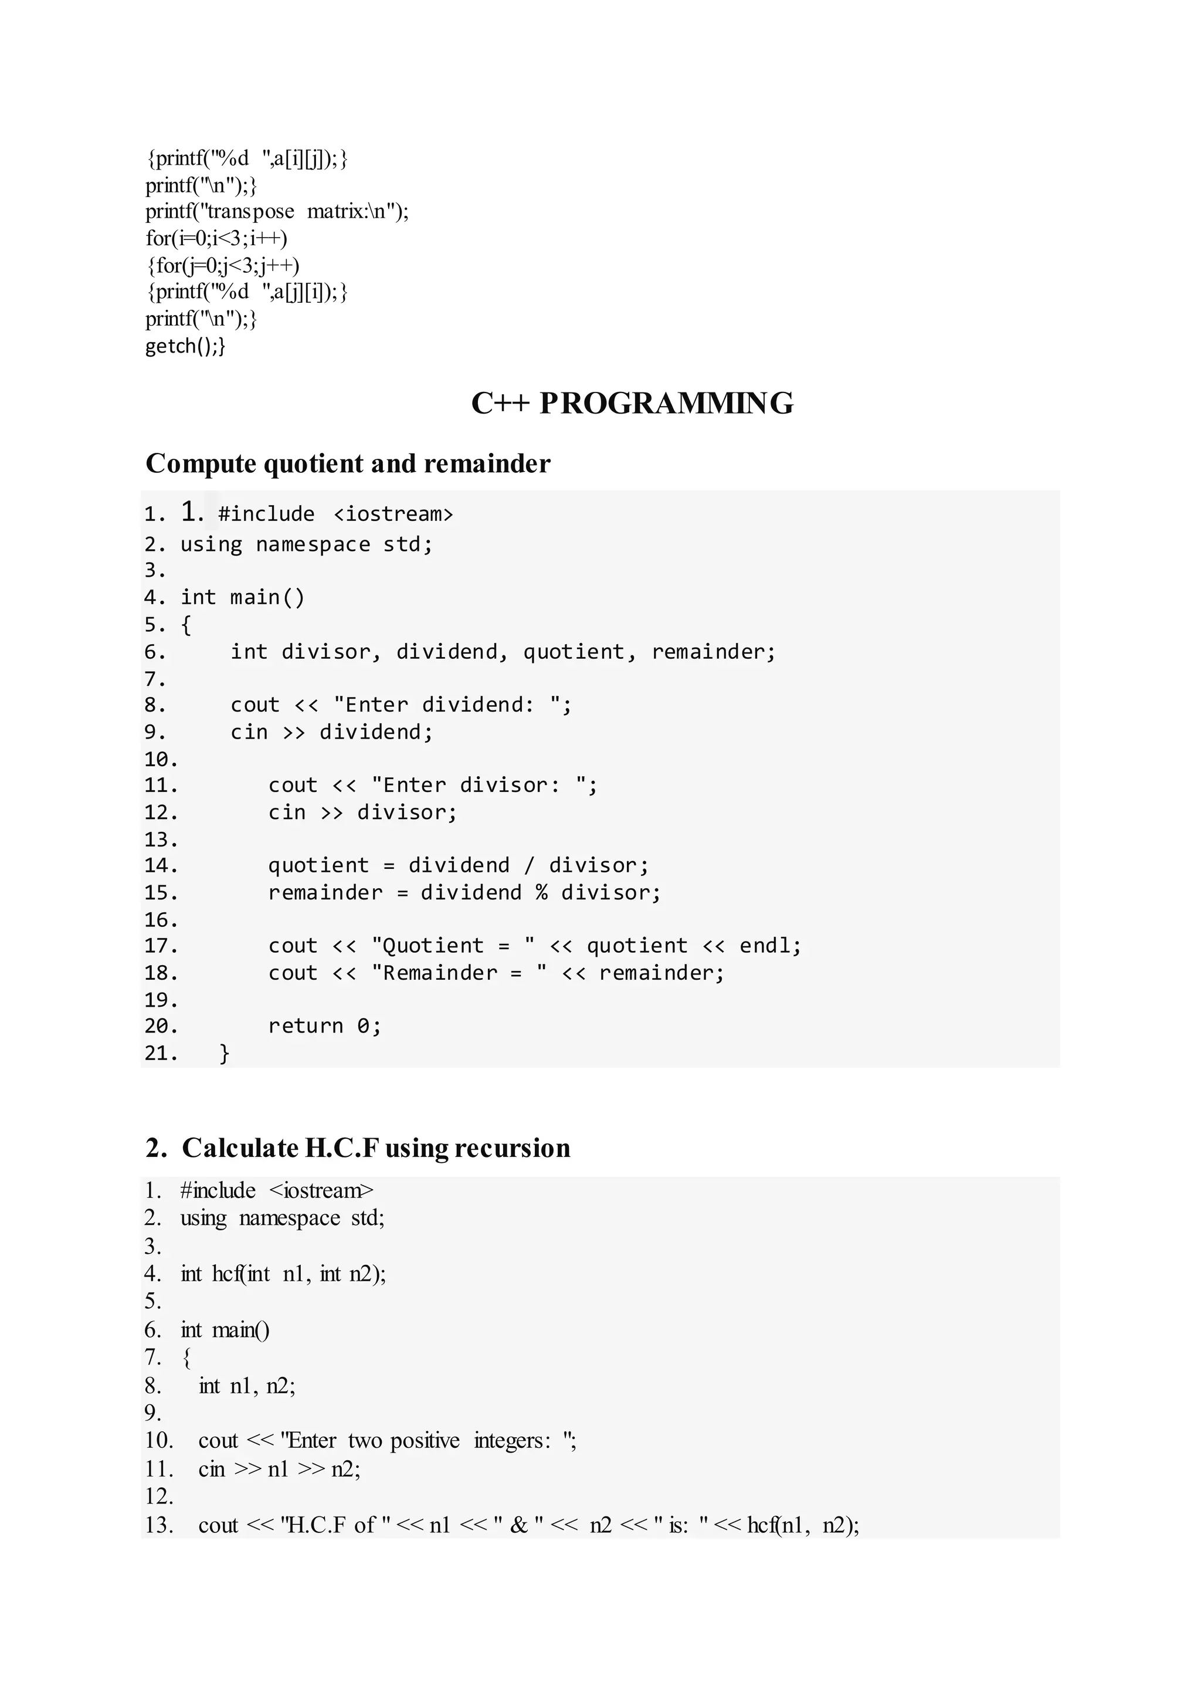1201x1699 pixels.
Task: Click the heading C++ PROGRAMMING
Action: tap(632, 403)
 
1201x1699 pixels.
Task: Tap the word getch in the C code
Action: tap(171, 346)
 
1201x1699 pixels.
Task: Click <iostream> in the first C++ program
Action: tap(393, 513)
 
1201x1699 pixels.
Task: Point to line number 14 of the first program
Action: tap(161, 865)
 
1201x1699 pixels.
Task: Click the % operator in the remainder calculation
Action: tap(541, 892)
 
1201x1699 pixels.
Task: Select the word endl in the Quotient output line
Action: tap(769, 946)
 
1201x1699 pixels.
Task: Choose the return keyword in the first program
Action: tap(306, 1026)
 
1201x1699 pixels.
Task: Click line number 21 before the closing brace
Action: tap(161, 1053)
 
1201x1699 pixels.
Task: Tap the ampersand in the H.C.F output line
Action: tap(518, 1525)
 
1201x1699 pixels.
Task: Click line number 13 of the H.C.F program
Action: tap(158, 1525)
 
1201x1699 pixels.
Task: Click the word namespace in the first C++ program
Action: tap(313, 544)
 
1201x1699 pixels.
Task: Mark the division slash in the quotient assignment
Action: tap(529, 865)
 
